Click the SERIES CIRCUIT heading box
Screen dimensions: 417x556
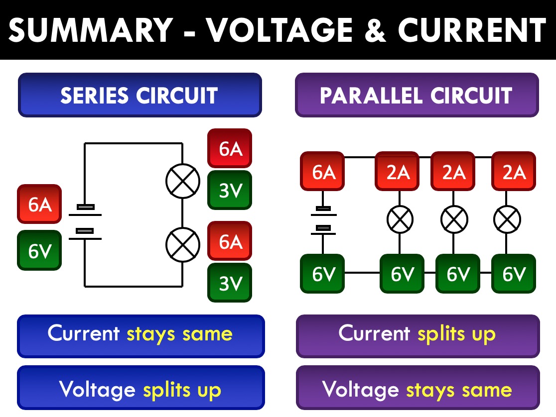tap(139, 95)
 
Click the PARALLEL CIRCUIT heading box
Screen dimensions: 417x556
tap(417, 95)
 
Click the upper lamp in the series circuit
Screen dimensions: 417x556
tap(182, 181)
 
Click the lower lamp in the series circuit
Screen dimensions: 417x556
tap(182, 244)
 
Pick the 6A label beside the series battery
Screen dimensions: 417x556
tap(39, 204)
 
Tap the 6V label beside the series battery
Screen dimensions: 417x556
tap(39, 250)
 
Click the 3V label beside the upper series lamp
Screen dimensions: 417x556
tap(230, 190)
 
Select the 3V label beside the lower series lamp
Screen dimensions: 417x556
tap(230, 283)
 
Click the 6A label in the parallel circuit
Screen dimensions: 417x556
tap(323, 171)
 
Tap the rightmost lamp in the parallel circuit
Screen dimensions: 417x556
tap(507, 219)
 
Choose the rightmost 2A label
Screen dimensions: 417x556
tap(514, 171)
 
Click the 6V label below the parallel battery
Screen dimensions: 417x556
tap(323, 273)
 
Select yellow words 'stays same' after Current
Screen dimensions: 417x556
tap(179, 333)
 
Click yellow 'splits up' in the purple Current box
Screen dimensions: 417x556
tap(456, 333)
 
